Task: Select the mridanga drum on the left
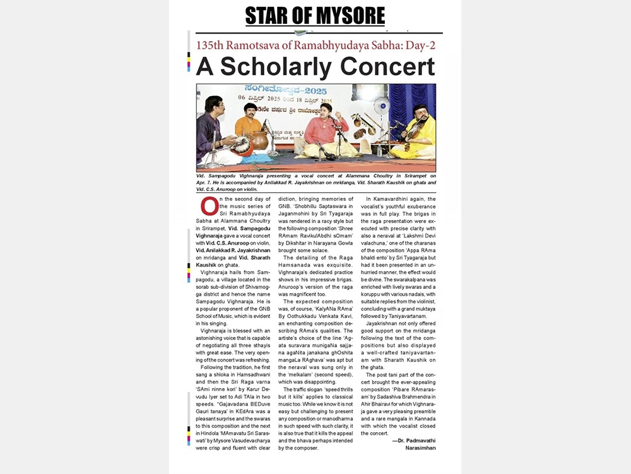(241, 147)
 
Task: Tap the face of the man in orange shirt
(251, 110)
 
